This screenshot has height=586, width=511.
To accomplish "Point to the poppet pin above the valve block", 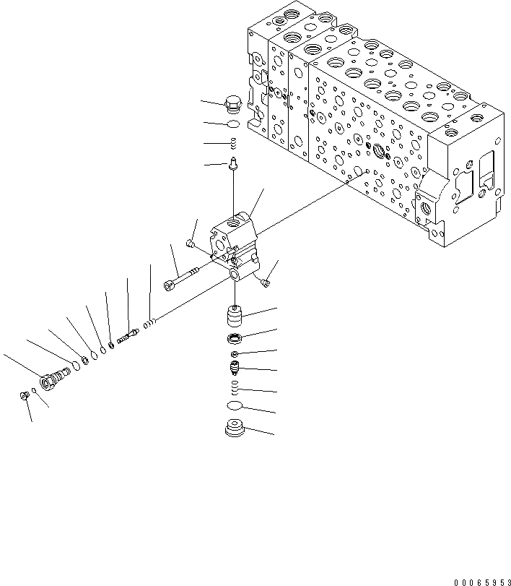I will (232, 164).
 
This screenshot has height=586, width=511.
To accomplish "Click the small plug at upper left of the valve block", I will (190, 244).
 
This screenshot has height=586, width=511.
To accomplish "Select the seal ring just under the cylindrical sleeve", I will (235, 339).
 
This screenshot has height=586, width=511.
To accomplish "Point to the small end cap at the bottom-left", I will (25, 395).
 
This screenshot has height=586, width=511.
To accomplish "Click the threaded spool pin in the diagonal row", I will (126, 336).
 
